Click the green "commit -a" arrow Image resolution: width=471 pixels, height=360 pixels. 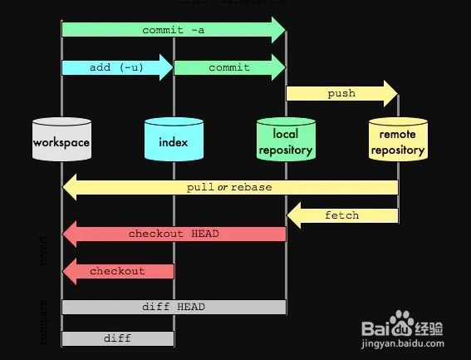click(174, 30)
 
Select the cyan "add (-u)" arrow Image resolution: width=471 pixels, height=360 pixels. click(117, 67)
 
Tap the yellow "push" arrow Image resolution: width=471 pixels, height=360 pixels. click(341, 93)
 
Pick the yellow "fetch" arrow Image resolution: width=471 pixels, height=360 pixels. click(341, 215)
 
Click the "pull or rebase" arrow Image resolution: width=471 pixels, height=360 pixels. click(229, 187)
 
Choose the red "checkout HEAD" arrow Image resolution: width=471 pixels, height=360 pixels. click(174, 234)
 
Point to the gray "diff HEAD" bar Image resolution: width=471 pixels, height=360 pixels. click(174, 307)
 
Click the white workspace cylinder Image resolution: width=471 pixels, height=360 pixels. click(61, 141)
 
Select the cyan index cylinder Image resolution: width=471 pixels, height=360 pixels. click(174, 141)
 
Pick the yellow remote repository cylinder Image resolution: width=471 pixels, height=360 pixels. click(398, 141)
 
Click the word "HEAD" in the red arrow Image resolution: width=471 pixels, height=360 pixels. click(204, 234)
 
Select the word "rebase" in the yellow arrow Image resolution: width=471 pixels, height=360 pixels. click(252, 187)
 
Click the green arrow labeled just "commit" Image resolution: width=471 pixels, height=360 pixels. click(228, 67)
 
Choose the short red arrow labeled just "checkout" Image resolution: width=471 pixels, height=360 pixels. click(117, 271)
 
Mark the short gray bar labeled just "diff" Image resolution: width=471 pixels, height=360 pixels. click(117, 338)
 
